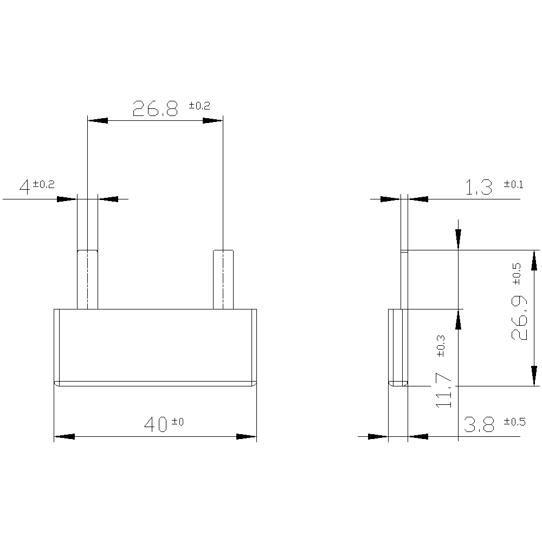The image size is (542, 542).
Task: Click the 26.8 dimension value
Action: click(x=156, y=109)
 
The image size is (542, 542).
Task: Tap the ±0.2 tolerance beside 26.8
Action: click(x=199, y=105)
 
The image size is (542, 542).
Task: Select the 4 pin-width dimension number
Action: click(x=24, y=188)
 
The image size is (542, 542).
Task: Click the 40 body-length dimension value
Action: click(x=156, y=424)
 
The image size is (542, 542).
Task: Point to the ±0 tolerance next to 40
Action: click(x=178, y=421)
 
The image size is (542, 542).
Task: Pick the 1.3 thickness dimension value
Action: click(x=479, y=188)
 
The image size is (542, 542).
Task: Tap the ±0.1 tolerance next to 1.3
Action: click(x=513, y=184)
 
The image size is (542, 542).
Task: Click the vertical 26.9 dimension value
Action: click(x=519, y=318)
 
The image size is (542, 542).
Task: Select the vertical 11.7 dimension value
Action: click(x=443, y=390)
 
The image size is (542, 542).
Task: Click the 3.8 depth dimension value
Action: click(x=479, y=425)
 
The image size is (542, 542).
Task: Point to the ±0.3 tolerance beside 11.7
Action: click(x=440, y=345)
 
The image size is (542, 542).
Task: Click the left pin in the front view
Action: click(x=87, y=279)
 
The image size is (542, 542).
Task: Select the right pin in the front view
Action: click(x=223, y=279)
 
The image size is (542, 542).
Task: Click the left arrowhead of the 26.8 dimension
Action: click(x=98, y=120)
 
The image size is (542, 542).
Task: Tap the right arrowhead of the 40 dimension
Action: click(x=246, y=436)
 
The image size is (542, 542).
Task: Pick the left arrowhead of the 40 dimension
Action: click(x=64, y=436)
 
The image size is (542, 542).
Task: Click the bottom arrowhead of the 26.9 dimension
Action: click(x=534, y=376)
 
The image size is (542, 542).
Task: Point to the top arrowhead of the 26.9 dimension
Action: click(x=534, y=261)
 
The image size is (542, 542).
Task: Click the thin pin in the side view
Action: click(x=403, y=279)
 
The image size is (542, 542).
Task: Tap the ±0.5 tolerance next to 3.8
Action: click(x=514, y=421)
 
